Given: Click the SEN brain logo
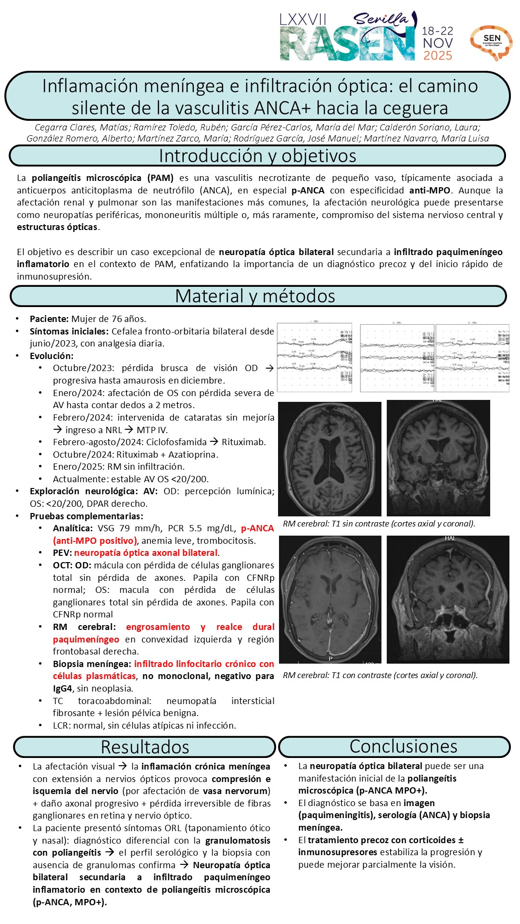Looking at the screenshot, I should pyautogui.click(x=491, y=42).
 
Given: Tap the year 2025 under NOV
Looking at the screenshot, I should pyautogui.click(x=437, y=56).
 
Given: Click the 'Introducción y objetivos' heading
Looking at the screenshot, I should pyautogui.click(x=257, y=156).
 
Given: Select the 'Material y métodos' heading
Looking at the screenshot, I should pyautogui.click(x=255, y=296).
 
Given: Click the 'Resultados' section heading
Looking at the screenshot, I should pyautogui.click(x=145, y=746).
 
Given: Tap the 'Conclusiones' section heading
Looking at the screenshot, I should pyautogui.click(x=403, y=746).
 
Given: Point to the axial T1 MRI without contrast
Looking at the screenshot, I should pyautogui.click(x=330, y=459).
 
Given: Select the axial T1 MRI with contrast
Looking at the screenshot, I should pyautogui.click(x=330, y=600).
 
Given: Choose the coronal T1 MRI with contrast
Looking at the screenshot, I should pyautogui.click(x=448, y=599).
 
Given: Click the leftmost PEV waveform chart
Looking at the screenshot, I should pyautogui.click(x=315, y=357).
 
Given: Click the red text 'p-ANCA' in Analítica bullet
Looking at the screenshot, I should pyautogui.click(x=257, y=528).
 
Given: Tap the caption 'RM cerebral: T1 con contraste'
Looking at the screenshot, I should pyautogui.click(x=380, y=675).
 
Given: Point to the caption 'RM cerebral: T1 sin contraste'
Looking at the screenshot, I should pyautogui.click(x=379, y=524).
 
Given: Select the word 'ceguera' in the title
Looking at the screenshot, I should pyautogui.click(x=414, y=108).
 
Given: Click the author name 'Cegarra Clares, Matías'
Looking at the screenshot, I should pyautogui.click(x=82, y=128).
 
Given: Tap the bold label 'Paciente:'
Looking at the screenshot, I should pyautogui.click(x=49, y=319).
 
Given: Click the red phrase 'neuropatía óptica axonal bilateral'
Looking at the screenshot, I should pyautogui.click(x=146, y=552).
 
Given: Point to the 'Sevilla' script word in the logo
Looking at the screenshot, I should pyautogui.click(x=381, y=19).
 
